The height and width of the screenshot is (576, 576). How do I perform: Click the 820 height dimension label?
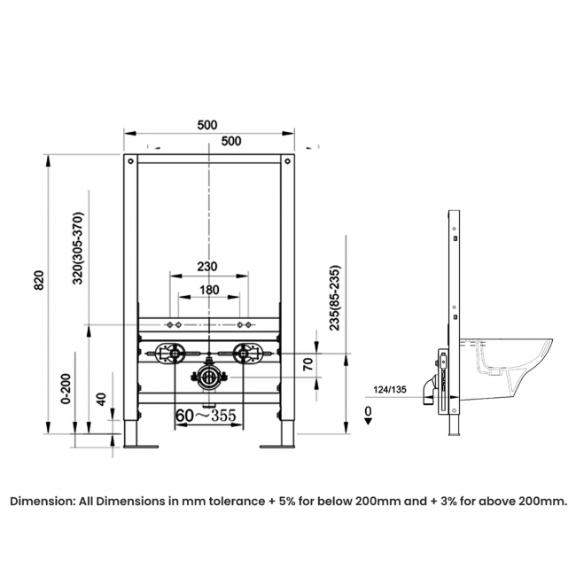39,280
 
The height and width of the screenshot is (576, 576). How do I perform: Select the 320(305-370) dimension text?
78,248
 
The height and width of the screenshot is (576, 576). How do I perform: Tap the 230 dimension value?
207,267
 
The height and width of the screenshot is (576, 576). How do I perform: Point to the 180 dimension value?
209,290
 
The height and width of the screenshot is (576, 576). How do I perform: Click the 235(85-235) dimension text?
335,298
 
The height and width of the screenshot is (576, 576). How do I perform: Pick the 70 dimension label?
308,363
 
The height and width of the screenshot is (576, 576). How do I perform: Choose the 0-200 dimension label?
66,389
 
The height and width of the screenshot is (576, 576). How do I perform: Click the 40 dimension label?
101,400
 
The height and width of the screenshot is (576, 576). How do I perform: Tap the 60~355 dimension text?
206,416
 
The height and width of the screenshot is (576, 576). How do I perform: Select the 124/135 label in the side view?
390,389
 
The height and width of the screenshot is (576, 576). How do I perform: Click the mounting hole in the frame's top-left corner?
130,161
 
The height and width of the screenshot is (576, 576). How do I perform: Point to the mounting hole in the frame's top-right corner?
288,161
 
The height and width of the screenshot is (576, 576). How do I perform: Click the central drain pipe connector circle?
209,377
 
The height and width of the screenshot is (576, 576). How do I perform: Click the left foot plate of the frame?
141,447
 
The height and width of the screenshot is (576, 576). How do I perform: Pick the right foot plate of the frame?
277,447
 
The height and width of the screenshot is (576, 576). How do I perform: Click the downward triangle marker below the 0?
368,422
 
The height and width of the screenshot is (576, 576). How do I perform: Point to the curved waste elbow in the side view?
429,390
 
